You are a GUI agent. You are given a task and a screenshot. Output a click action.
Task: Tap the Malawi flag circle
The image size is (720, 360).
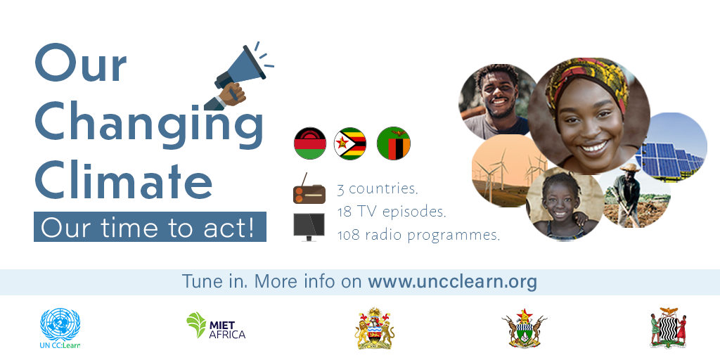point(310,143)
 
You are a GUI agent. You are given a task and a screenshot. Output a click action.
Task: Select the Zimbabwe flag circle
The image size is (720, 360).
point(350,143)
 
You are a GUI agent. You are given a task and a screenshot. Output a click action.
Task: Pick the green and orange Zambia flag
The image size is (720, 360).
point(394,143)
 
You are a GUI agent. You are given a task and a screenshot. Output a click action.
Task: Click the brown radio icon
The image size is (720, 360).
point(309,188)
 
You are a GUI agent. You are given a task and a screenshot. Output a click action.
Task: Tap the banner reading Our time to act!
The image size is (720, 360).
point(150,227)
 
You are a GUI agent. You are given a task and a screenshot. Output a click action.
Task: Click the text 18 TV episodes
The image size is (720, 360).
point(392,212)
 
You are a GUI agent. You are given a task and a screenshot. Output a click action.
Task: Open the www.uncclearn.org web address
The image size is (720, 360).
point(452,281)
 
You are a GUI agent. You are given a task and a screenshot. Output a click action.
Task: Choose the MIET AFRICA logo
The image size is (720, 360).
point(217,326)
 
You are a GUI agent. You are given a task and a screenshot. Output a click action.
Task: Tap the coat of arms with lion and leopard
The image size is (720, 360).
point(375,328)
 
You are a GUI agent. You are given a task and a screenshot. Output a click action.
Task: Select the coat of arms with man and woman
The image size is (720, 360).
point(668,328)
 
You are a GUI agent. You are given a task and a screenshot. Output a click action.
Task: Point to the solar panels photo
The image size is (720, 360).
point(673,146)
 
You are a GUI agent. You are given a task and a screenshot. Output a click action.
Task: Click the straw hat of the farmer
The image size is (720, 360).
point(630,167)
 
